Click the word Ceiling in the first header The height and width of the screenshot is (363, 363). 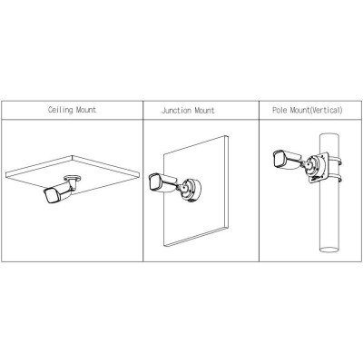[61, 110]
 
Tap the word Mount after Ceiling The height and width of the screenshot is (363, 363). [86, 110]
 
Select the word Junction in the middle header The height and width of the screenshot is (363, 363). [176, 110]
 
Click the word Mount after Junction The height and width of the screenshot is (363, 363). [204, 110]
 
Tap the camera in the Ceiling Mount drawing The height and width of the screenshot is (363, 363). [59, 192]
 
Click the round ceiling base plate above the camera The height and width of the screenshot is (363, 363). [73, 178]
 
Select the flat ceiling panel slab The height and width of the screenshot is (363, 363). [73, 175]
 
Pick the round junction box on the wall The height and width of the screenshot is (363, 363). [191, 190]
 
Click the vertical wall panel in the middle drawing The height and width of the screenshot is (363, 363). [196, 191]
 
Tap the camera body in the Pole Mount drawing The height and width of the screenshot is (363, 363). [287, 159]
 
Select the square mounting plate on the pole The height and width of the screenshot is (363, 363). [317, 167]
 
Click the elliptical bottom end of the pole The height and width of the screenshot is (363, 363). [329, 250]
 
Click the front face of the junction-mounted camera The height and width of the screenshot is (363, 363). [154, 182]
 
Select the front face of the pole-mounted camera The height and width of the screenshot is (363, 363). [279, 159]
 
